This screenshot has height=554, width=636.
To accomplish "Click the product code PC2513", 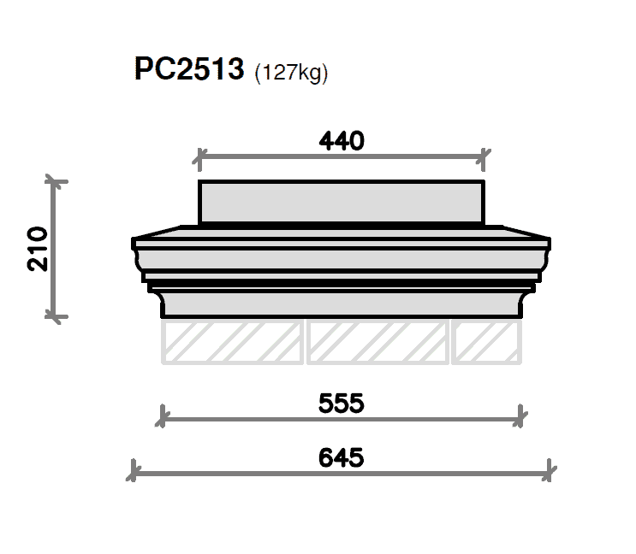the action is (x=189, y=69).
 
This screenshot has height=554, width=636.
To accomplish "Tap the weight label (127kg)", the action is (x=291, y=73).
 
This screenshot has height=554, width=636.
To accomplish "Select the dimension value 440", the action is (x=342, y=141).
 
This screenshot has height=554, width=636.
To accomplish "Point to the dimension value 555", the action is (x=342, y=404).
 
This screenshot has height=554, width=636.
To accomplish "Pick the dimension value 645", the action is (x=342, y=458).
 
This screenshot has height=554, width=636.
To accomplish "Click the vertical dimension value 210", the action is (x=38, y=249).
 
